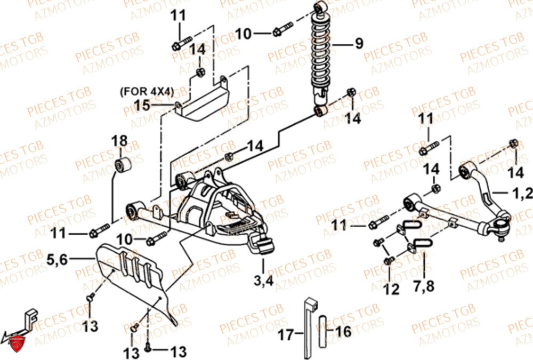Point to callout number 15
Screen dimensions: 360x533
(142, 105)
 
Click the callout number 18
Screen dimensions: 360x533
(120, 141)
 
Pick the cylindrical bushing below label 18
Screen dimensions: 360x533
(124, 165)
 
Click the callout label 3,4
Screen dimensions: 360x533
(264, 281)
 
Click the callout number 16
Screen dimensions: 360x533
(344, 332)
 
